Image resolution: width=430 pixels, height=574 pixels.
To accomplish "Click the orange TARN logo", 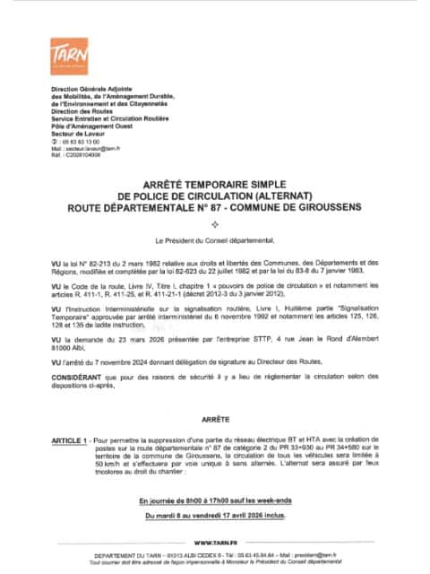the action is tap(66, 55).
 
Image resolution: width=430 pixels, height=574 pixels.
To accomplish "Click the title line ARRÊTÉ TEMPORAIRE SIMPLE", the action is tap(214, 180).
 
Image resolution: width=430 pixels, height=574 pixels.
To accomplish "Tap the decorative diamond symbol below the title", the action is tap(214, 222).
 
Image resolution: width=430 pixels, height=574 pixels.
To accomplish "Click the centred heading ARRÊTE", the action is tap(214, 392).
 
